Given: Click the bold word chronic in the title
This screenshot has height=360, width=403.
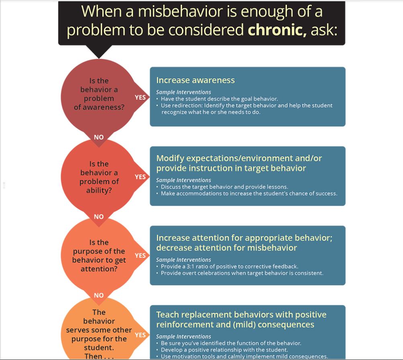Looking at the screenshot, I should coord(277,30).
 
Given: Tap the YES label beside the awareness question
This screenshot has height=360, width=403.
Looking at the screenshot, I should coord(140,97).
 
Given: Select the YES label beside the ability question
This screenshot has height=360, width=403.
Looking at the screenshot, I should coord(140,177).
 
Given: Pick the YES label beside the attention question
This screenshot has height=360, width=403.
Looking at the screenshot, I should coord(140,255).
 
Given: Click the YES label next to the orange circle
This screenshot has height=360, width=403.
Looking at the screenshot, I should coord(140,335).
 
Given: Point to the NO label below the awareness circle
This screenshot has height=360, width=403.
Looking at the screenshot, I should coord(99,137).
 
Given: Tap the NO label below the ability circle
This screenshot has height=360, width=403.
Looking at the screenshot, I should coord(99,217).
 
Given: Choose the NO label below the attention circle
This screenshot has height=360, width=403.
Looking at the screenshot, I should coord(99,295).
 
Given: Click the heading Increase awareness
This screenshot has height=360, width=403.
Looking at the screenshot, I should coord(195,80).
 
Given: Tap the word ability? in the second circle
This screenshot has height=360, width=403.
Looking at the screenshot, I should coord(99,190).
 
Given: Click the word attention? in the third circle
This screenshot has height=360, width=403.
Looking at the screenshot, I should coord(99,269).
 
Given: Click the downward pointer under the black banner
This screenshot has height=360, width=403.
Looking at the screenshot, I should coord(98,52).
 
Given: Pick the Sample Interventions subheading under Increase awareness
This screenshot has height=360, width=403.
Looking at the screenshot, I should coord(183,92).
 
